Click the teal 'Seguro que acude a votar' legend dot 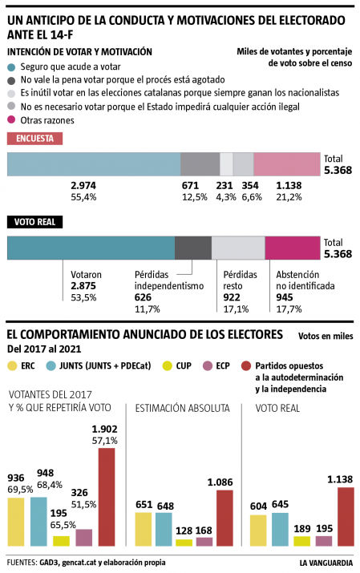11,67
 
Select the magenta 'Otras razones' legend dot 11,120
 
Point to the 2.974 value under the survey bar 83,185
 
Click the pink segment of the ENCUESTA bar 287,163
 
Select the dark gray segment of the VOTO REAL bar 192,248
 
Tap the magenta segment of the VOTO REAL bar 292,248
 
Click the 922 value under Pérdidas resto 232,297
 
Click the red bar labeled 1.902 106,497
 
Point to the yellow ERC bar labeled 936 17,521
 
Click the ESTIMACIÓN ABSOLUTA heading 182,408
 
